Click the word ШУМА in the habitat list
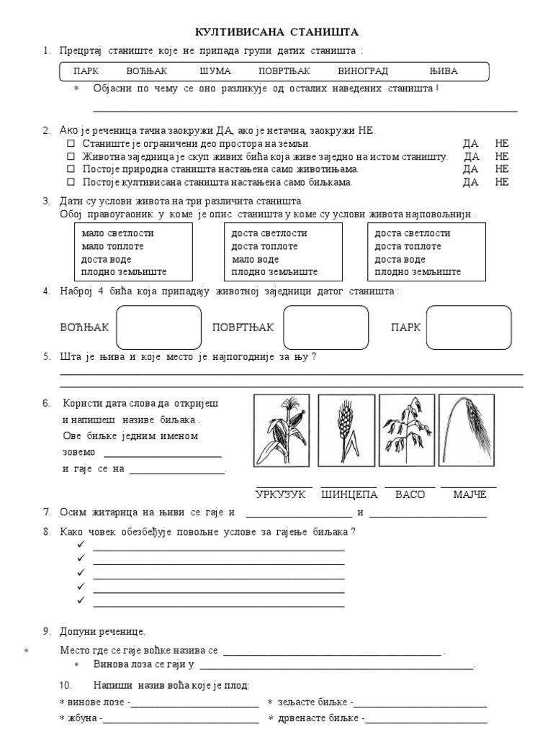pos(215,71)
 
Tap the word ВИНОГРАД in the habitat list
pos(362,71)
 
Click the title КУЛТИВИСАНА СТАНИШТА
pos(277,32)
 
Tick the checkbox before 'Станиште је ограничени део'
pos(71,144)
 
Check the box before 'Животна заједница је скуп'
pos(71,157)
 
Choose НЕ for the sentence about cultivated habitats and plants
pos(502,183)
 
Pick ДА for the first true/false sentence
pos(471,144)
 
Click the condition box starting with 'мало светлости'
pos(132,253)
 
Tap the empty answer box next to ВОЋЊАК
pos(158,327)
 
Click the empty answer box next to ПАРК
pos(469,327)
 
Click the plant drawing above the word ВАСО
pos(405,430)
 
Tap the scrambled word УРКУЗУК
pos(281,494)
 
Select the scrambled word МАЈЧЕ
pos(469,494)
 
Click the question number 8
pos(46,532)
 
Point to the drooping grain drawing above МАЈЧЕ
pos(468,430)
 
